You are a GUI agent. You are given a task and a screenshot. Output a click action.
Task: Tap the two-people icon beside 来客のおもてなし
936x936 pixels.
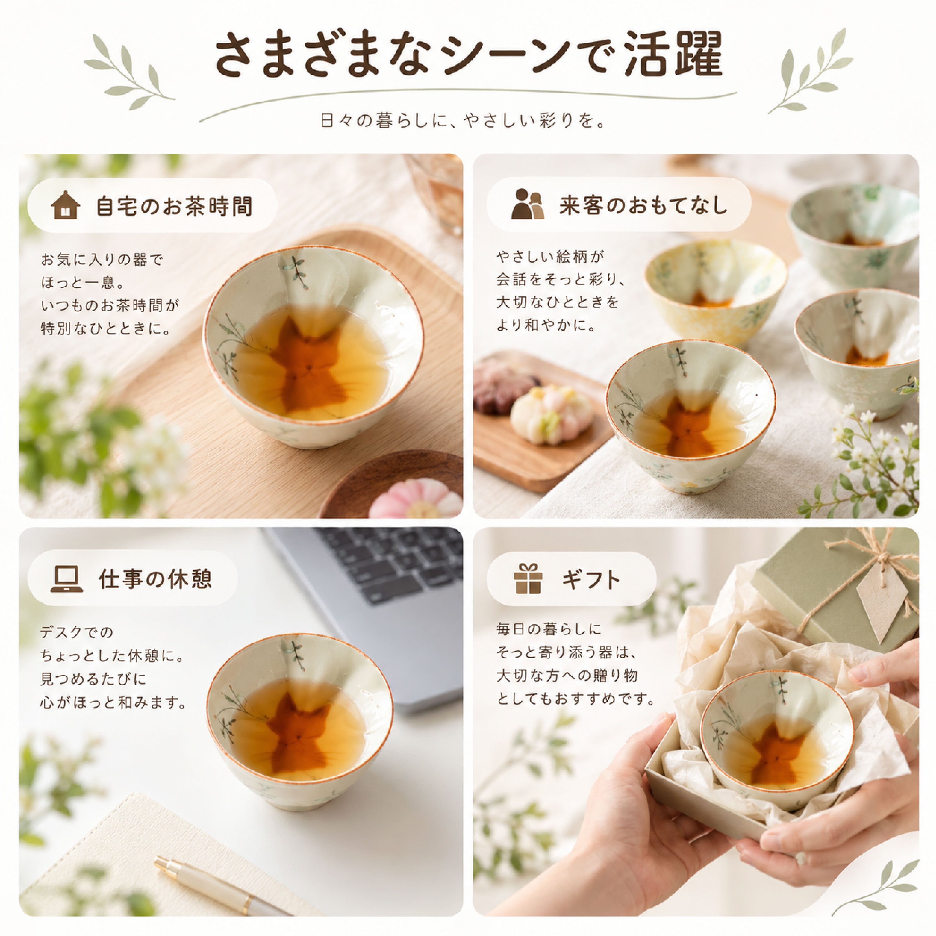point(528,204)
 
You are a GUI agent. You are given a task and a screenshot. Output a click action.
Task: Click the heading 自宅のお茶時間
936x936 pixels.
point(174,206)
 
